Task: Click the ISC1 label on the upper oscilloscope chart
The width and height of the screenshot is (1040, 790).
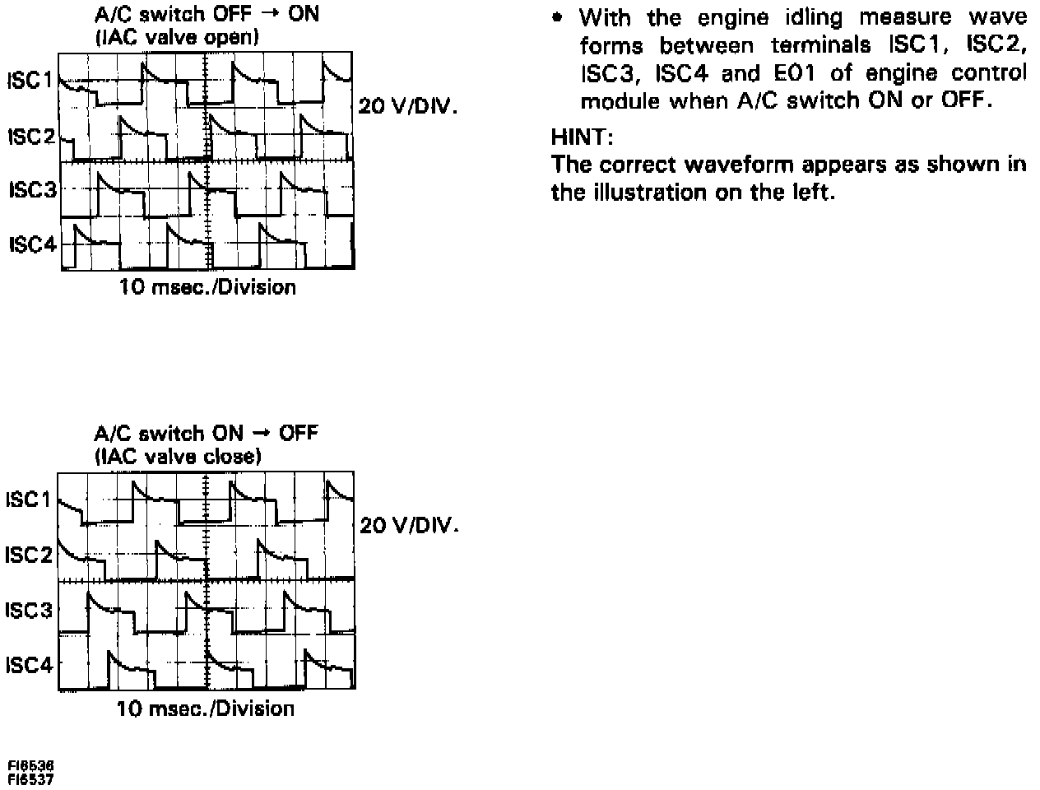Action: pos(30,81)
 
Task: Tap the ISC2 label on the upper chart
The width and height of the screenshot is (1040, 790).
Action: pos(30,137)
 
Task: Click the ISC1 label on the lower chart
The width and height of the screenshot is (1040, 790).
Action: pos(28,500)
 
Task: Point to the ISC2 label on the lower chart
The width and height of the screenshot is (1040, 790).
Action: pos(28,555)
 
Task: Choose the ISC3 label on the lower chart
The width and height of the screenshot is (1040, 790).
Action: pos(29,611)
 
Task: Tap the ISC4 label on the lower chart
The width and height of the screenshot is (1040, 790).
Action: pos(29,665)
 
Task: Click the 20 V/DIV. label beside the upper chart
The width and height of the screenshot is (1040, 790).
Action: pos(406,107)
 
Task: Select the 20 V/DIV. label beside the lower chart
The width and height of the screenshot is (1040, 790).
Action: pos(406,525)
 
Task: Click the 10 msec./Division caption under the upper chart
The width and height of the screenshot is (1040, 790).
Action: pos(207,287)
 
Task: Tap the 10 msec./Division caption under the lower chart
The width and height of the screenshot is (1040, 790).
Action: pos(205,709)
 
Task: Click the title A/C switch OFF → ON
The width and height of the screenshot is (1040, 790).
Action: pos(207,14)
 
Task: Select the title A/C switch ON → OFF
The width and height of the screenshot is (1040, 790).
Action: pos(206,433)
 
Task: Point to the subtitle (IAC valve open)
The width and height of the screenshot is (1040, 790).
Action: pos(177,36)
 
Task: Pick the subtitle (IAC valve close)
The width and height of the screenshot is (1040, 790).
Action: pos(178,456)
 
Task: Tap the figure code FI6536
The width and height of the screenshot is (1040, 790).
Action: pos(31,765)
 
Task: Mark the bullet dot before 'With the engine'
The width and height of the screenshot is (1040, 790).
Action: pos(559,16)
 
